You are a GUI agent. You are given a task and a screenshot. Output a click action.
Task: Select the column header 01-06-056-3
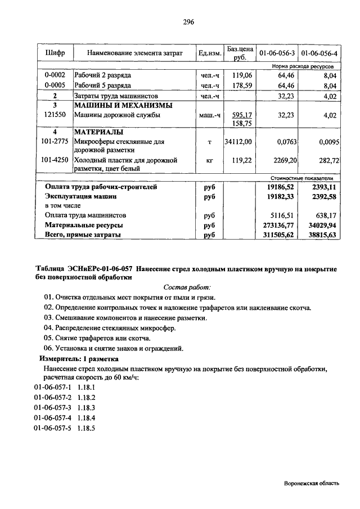[x=277, y=53]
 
